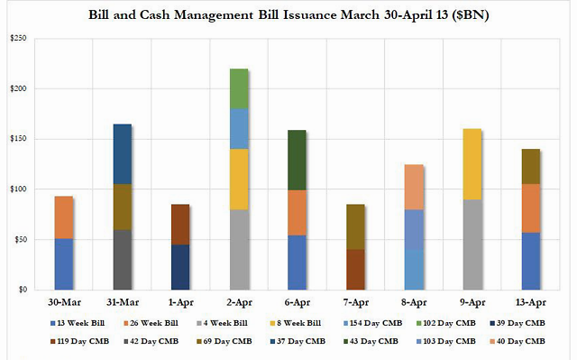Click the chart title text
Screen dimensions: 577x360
pyautogui.click(x=288, y=15)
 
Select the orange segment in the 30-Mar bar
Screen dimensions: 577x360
pyautogui.click(x=64, y=217)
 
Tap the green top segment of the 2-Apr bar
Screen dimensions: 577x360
pyautogui.click(x=239, y=88)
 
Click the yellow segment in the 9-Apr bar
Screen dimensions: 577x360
pyautogui.click(x=472, y=164)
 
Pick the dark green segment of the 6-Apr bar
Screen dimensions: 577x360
pyautogui.click(x=297, y=160)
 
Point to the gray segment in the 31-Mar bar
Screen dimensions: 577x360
pyautogui.click(x=123, y=260)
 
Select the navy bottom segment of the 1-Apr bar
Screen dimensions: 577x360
pyautogui.click(x=180, y=267)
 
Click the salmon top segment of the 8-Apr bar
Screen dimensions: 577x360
pyautogui.click(x=414, y=187)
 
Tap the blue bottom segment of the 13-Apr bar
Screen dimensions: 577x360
pyautogui.click(x=531, y=261)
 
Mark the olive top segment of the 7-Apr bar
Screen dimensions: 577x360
pyautogui.click(x=355, y=226)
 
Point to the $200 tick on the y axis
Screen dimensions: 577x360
pyautogui.click(x=19, y=88)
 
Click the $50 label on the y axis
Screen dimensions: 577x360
pyautogui.click(x=20, y=240)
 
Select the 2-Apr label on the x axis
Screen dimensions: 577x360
pyautogui.click(x=239, y=302)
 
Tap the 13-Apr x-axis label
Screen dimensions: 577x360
pyautogui.click(x=531, y=302)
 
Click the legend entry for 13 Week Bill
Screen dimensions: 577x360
pyautogui.click(x=78, y=323)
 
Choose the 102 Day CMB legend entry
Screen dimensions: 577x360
pyautogui.click(x=446, y=323)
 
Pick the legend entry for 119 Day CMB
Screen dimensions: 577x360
pyautogui.click(x=79, y=341)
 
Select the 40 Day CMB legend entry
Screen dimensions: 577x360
pyautogui.click(x=517, y=341)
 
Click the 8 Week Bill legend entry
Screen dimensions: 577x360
pyautogui.click(x=296, y=323)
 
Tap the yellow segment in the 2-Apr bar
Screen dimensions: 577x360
pyautogui.click(x=239, y=180)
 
